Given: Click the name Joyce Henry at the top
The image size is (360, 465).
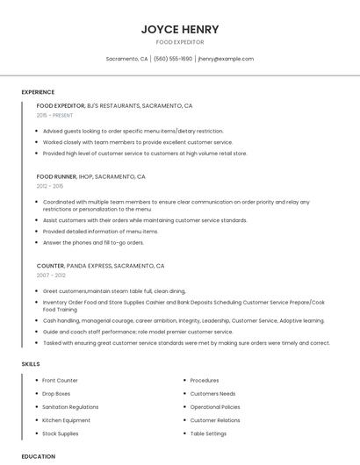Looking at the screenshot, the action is (x=180, y=29).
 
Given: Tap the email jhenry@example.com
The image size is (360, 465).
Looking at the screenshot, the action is (x=226, y=59).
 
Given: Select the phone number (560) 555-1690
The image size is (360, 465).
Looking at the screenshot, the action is (x=173, y=59).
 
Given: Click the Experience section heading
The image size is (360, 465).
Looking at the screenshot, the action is (x=38, y=92).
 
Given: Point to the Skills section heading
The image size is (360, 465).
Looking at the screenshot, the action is (x=31, y=363).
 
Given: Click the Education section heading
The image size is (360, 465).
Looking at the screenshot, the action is (x=38, y=456).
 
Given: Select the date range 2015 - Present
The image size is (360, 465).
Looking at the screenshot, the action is (x=54, y=115).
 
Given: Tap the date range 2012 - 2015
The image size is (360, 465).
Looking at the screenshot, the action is (x=50, y=186).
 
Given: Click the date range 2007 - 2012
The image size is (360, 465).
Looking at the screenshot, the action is (x=51, y=275).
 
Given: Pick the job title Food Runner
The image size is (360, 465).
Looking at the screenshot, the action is (x=57, y=176).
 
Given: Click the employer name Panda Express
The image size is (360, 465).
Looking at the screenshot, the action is (x=89, y=265).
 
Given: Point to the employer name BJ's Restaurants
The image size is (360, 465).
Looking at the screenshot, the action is (x=112, y=105).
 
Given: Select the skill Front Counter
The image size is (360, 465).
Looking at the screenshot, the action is (x=60, y=381).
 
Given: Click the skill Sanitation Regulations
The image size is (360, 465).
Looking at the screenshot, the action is (x=70, y=407).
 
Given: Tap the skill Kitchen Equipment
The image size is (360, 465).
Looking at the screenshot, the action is (x=66, y=420).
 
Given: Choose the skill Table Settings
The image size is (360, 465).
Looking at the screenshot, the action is (x=208, y=433).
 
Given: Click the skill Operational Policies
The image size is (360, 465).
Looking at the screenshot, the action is (x=215, y=407).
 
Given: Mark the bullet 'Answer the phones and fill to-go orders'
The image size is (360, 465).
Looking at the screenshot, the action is (x=93, y=242).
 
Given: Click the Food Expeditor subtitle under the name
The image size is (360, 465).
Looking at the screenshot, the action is (x=180, y=42).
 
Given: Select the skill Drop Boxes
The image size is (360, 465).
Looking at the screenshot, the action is (x=56, y=394).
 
